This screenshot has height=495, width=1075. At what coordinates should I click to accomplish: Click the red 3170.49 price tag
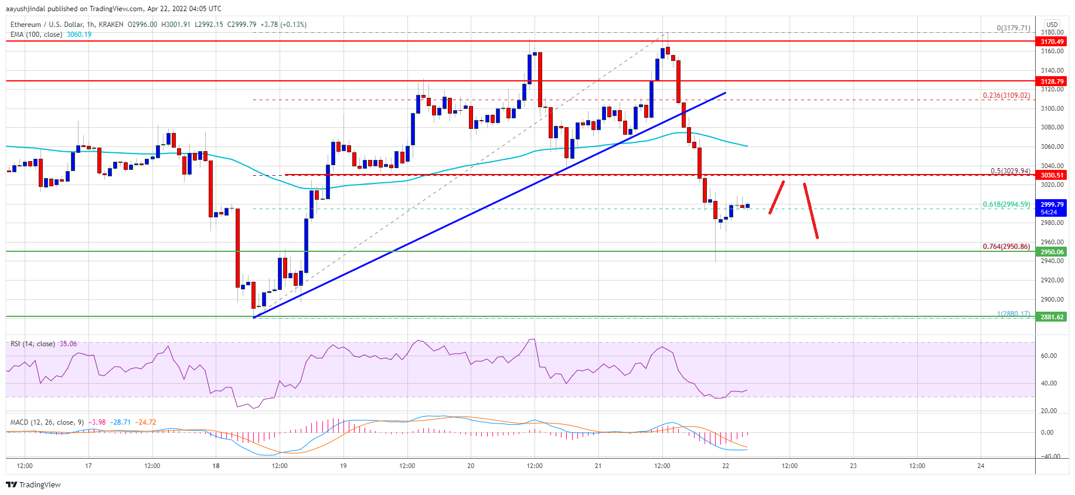click(x=1052, y=42)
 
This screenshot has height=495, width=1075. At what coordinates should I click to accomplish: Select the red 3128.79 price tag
click(x=1052, y=81)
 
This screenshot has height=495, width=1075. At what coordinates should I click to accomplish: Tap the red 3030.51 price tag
click(x=1052, y=175)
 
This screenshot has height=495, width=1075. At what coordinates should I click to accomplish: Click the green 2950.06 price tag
click(x=1052, y=252)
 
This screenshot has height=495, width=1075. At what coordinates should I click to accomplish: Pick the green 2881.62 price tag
click(x=1052, y=317)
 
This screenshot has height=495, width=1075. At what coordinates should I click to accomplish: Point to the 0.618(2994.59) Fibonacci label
click(x=1006, y=204)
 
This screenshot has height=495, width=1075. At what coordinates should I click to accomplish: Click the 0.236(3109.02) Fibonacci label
click(x=1006, y=95)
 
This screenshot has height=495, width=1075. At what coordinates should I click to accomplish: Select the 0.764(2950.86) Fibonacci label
click(x=1006, y=247)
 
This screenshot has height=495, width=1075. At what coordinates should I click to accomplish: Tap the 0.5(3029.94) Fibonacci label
click(x=1010, y=171)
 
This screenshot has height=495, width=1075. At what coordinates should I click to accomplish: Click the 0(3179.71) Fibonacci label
click(x=1013, y=28)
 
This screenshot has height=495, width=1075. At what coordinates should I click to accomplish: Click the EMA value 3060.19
click(x=79, y=35)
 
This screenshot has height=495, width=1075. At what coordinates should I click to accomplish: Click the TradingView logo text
click(x=39, y=484)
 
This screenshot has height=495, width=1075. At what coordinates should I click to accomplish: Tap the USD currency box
click(x=1052, y=25)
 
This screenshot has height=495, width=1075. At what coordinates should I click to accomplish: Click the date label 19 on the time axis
click(x=343, y=466)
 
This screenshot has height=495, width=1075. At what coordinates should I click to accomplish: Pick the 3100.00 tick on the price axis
click(x=1052, y=108)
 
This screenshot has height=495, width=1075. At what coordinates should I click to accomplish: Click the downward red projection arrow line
click(x=811, y=211)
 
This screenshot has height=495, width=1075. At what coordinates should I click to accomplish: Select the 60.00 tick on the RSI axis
click(x=1049, y=356)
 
